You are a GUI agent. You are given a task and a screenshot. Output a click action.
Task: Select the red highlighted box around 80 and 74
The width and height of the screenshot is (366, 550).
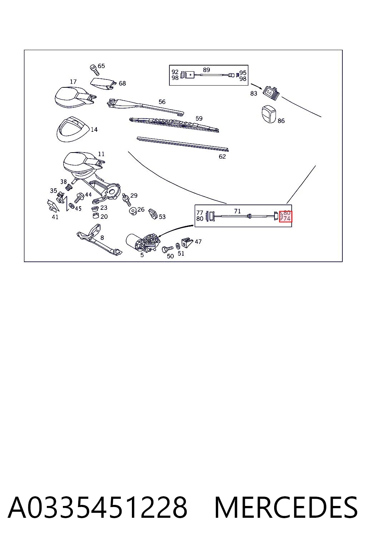tap(286, 216)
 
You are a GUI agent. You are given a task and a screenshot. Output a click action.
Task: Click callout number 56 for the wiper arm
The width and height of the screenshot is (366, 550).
tap(162, 102)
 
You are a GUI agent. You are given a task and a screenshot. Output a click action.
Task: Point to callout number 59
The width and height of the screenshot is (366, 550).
tap(199, 119)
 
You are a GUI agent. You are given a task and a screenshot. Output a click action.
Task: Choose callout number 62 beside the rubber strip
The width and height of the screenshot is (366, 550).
tap(222, 156)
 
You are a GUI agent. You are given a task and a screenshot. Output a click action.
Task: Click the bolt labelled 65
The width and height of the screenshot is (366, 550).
tap(94, 70)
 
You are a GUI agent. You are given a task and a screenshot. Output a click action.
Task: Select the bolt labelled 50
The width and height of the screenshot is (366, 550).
tap(167, 249)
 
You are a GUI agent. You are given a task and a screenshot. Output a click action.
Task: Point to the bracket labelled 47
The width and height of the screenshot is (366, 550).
tap(187, 242)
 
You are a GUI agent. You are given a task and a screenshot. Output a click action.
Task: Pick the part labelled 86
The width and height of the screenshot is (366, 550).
tap(269, 114)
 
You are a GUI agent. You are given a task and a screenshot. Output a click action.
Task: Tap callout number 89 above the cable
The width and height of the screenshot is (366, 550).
tap(207, 70)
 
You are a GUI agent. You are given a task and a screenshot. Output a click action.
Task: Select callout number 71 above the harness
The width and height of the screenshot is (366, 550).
tap(237, 211)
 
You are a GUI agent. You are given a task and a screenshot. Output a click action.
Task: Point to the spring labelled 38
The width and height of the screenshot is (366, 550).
tap(70, 187)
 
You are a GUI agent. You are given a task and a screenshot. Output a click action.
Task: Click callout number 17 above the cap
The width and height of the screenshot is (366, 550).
tap(73, 82)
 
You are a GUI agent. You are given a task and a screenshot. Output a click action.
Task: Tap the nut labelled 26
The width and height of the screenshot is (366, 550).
tap(133, 211)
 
